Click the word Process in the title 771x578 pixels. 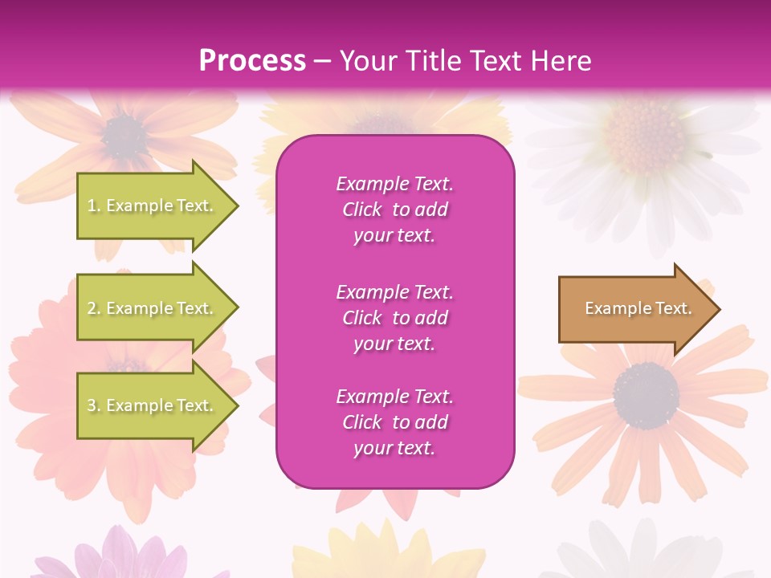pyautogui.click(x=252, y=61)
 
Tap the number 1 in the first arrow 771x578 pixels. pyautogui.click(x=92, y=206)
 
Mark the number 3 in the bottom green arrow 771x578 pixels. pyautogui.click(x=92, y=406)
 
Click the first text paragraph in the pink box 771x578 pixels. pyautogui.click(x=394, y=210)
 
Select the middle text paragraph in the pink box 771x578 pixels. pyautogui.click(x=394, y=318)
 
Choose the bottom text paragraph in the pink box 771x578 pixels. pyautogui.click(x=394, y=422)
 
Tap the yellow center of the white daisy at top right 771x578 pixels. pyautogui.click(x=643, y=133)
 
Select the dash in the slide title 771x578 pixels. pyautogui.click(x=322, y=62)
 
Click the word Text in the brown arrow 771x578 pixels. pyautogui.click(x=673, y=308)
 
